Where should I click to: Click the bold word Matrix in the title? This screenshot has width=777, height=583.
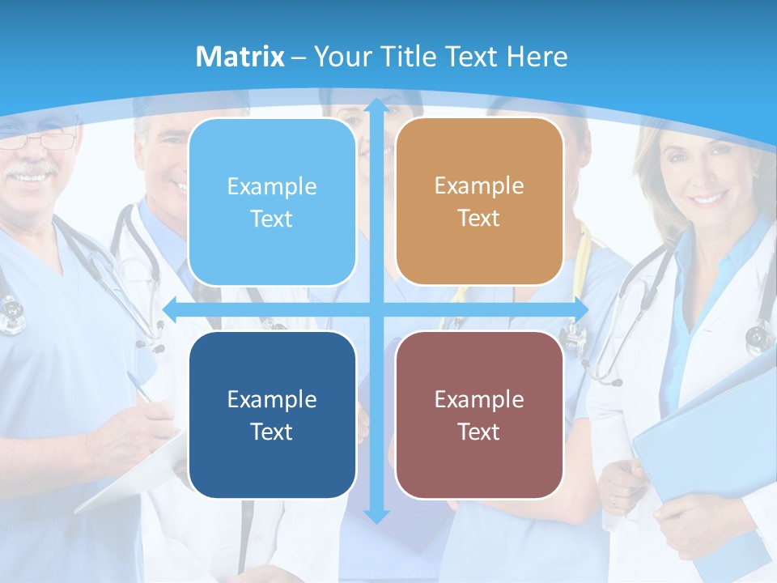click(x=240, y=57)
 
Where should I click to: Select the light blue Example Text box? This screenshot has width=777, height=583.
click(x=272, y=202)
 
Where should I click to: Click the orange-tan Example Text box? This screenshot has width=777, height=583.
click(x=479, y=202)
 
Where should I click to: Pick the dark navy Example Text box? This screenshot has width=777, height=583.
click(x=272, y=415)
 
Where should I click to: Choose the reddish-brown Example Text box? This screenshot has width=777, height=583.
click(x=479, y=415)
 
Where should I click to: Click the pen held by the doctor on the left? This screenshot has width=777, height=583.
click(x=140, y=387)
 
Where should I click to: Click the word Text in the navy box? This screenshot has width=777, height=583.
click(x=272, y=432)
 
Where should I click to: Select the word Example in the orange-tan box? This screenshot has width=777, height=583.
click(x=479, y=185)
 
